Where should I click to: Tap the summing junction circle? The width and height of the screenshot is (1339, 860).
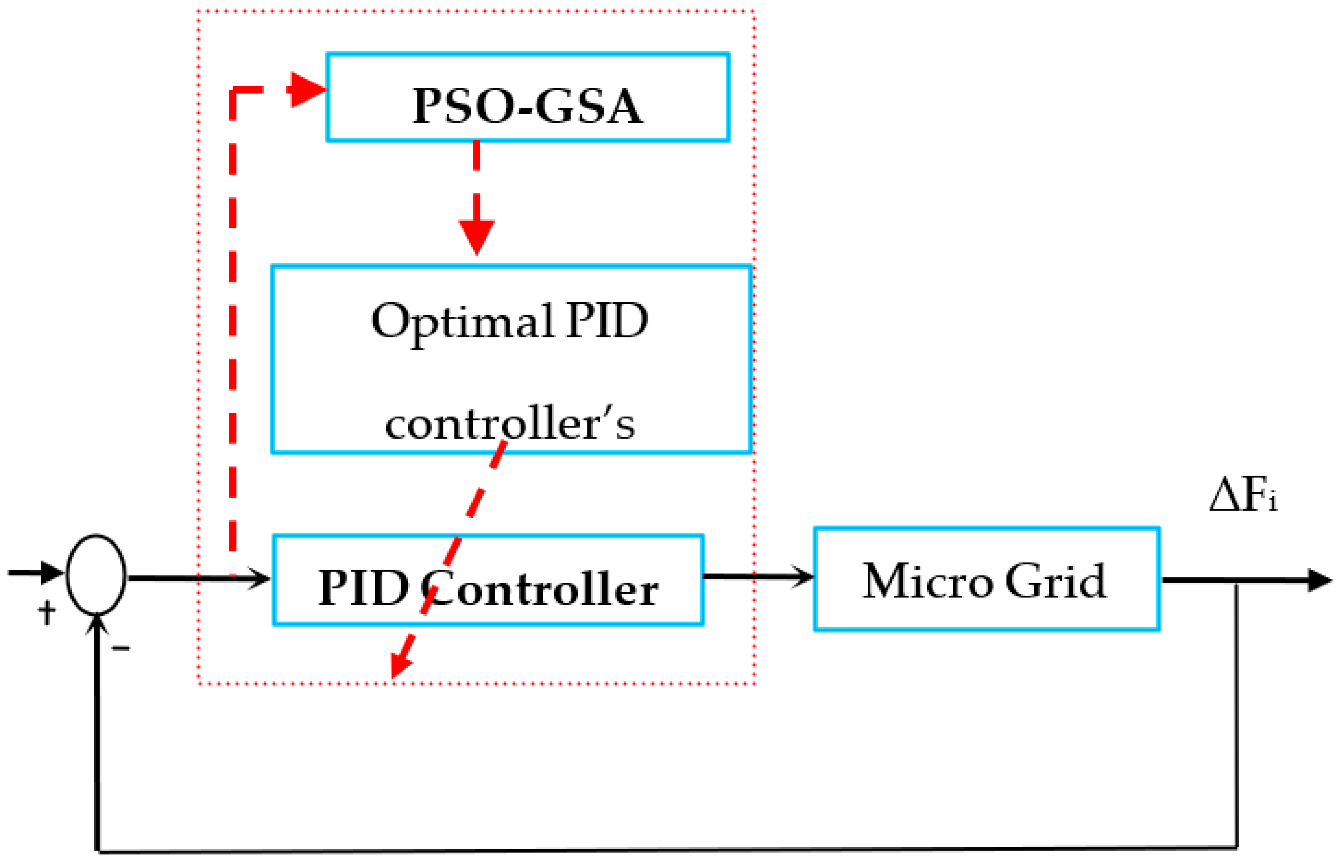click(96, 575)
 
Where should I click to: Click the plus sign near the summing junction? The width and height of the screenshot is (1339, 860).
click(47, 613)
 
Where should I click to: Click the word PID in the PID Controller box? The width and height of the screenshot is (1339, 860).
click(363, 589)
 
